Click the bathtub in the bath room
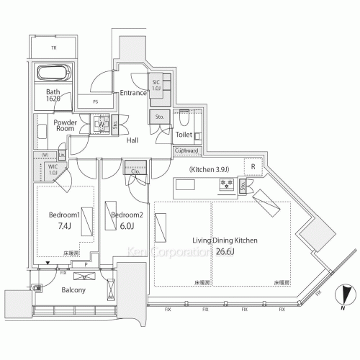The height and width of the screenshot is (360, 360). point(53,73)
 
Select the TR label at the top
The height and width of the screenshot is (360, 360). point(53,48)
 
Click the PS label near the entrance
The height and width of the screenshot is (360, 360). point(95,102)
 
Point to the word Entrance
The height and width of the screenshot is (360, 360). point(133,93)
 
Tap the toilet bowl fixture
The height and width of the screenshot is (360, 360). point(185,115)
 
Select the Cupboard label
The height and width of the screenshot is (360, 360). point(187,150)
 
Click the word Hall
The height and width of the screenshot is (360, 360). point(132,140)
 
